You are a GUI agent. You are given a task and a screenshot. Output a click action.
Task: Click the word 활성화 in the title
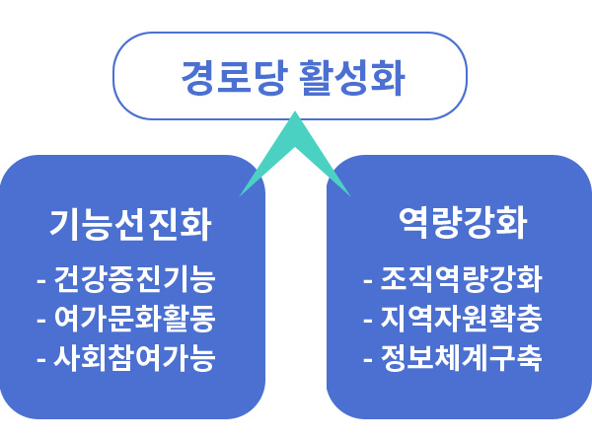coord(351,77)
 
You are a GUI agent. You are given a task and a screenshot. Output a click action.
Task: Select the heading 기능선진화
coord(130,224)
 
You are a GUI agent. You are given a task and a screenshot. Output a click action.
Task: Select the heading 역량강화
coord(463,223)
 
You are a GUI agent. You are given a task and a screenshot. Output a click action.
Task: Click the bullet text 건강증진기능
coord(135,279)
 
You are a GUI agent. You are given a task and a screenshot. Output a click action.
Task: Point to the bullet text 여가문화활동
coord(135,319)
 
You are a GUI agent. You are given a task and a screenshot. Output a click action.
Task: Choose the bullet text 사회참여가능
coord(135,357)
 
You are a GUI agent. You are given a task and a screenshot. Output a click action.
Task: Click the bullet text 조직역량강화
coord(461,279)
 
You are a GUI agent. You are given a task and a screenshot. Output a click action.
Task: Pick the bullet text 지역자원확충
coord(461,319)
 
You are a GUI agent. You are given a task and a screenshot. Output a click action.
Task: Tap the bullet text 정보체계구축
coord(461,357)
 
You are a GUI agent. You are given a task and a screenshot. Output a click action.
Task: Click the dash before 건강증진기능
coord(41,281)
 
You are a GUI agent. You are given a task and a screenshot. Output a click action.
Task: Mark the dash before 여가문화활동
coord(41,322)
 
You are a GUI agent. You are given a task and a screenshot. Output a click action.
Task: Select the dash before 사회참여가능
coord(41,360)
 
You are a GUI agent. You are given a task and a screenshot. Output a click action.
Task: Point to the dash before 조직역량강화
coord(368,281)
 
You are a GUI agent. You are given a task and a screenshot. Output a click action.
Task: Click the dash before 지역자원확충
coord(368,322)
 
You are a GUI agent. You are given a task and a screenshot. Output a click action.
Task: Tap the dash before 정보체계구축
coord(368,360)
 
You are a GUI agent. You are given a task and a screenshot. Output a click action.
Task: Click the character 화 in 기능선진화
coord(195,224)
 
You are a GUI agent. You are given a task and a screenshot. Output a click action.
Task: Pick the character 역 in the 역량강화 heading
coord(414,223)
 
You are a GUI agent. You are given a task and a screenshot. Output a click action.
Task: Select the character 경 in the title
coord(198,77)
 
